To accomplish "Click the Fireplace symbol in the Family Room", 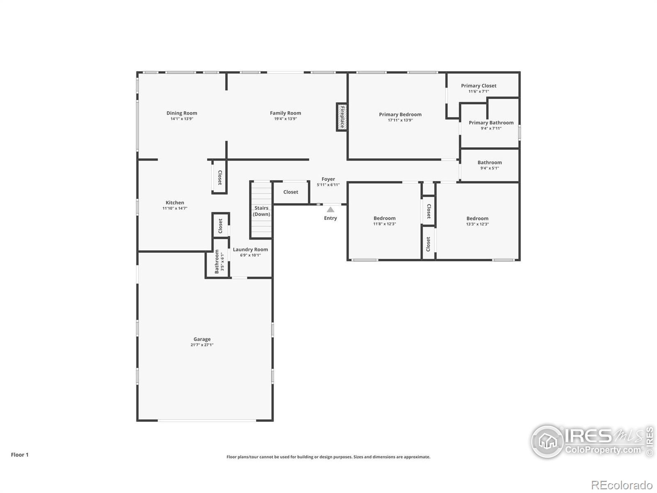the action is pyautogui.click(x=342, y=117).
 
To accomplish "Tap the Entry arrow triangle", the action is pyautogui.click(x=330, y=210).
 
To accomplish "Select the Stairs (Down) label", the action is pyautogui.click(x=261, y=211).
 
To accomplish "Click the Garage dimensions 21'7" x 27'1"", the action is pyautogui.click(x=202, y=345).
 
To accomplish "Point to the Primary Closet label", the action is pyautogui.click(x=479, y=85).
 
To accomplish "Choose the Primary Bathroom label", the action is pyautogui.click(x=491, y=123).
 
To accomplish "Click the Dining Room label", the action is pyautogui.click(x=181, y=113).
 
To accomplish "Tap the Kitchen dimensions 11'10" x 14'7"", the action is pyautogui.click(x=175, y=208).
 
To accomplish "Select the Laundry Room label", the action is pyautogui.click(x=250, y=250).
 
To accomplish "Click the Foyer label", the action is pyautogui.click(x=328, y=179).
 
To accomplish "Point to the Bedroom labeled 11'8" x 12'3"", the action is pyautogui.click(x=384, y=218).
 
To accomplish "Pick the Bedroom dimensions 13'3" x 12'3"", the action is pyautogui.click(x=478, y=224).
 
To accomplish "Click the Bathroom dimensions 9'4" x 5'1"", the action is pyautogui.click(x=490, y=168).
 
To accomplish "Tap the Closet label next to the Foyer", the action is pyautogui.click(x=291, y=192).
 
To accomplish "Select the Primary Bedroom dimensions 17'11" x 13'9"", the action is pyautogui.click(x=400, y=120).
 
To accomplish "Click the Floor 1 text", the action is pyautogui.click(x=20, y=455).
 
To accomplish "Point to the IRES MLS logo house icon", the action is pyautogui.click(x=548, y=441).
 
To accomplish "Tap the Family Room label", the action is pyautogui.click(x=285, y=113).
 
